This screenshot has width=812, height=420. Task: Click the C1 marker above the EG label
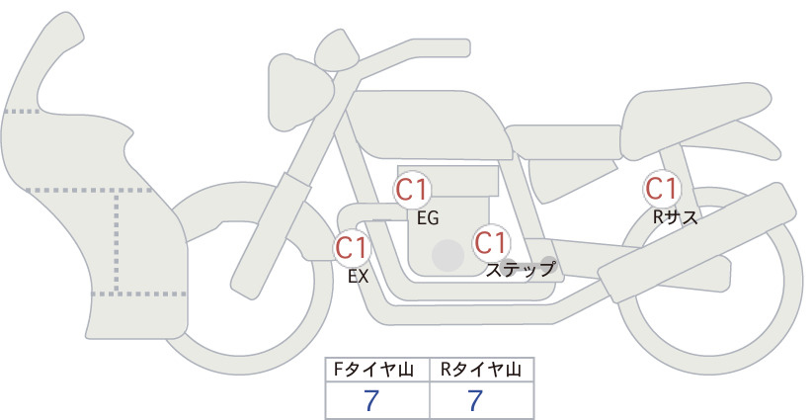tap(412, 190)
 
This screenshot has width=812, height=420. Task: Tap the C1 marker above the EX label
tap(352, 247)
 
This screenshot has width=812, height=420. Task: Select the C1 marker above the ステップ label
tap(490, 242)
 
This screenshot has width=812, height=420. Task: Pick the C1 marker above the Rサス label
tap(661, 189)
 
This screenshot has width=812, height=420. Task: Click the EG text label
tap(428, 218)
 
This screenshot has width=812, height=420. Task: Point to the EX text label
tap(358, 277)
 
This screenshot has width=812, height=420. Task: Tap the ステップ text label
tap(520, 270)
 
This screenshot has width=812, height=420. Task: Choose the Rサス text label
tap(675, 217)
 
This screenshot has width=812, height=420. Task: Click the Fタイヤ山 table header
tap(372, 370)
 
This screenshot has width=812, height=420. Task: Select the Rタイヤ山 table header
tap(480, 370)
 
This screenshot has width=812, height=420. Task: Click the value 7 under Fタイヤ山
tap(371, 400)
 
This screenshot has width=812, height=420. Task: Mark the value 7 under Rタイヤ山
tap(475, 400)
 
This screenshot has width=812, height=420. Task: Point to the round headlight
tap(299, 93)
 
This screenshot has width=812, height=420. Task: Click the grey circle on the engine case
tap(447, 255)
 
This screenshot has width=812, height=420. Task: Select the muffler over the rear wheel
tap(697, 242)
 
